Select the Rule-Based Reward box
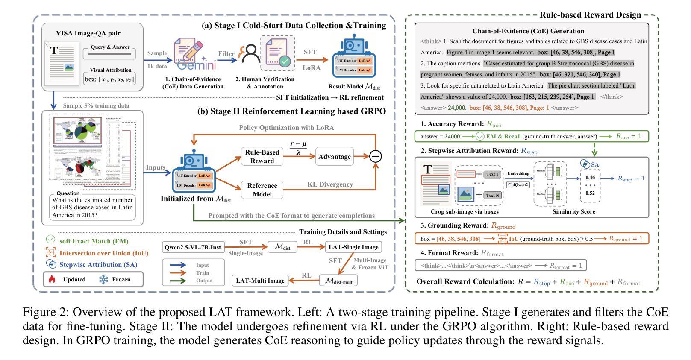tap(262, 156)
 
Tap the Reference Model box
tap(262, 190)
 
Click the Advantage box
tap(334, 157)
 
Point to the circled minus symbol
tap(375, 157)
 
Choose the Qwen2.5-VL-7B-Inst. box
tap(194, 247)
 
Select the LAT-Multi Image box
tap(259, 281)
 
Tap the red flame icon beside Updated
tap(52, 279)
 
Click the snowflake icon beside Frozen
tap(103, 279)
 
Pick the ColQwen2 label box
tap(518, 185)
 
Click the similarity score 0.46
tap(590, 177)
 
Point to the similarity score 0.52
tap(590, 193)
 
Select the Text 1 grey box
tap(492, 174)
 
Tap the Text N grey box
tap(492, 195)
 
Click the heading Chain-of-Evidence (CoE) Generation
tap(528, 31)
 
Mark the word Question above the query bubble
tap(68, 193)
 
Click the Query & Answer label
tap(110, 47)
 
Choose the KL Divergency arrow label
tap(330, 184)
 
